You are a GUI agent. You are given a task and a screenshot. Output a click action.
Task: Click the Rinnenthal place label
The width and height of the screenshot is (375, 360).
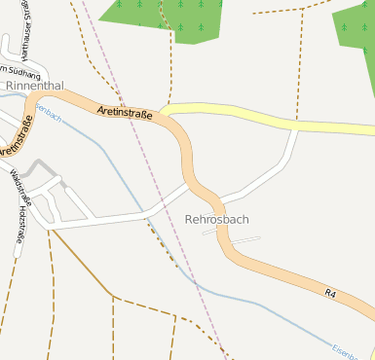pos(34,86)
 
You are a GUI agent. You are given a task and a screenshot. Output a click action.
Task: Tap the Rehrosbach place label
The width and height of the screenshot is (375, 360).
pos(216,219)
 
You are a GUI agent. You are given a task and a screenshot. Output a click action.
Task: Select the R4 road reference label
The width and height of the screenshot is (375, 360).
pos(331,292)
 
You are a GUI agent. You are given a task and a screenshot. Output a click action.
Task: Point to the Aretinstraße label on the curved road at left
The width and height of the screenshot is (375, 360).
pos(17,135)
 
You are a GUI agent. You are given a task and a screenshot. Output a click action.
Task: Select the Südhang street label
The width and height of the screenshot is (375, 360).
pos(21,72)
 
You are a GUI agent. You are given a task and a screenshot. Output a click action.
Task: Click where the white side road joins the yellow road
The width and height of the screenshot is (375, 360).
pos(295,127)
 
